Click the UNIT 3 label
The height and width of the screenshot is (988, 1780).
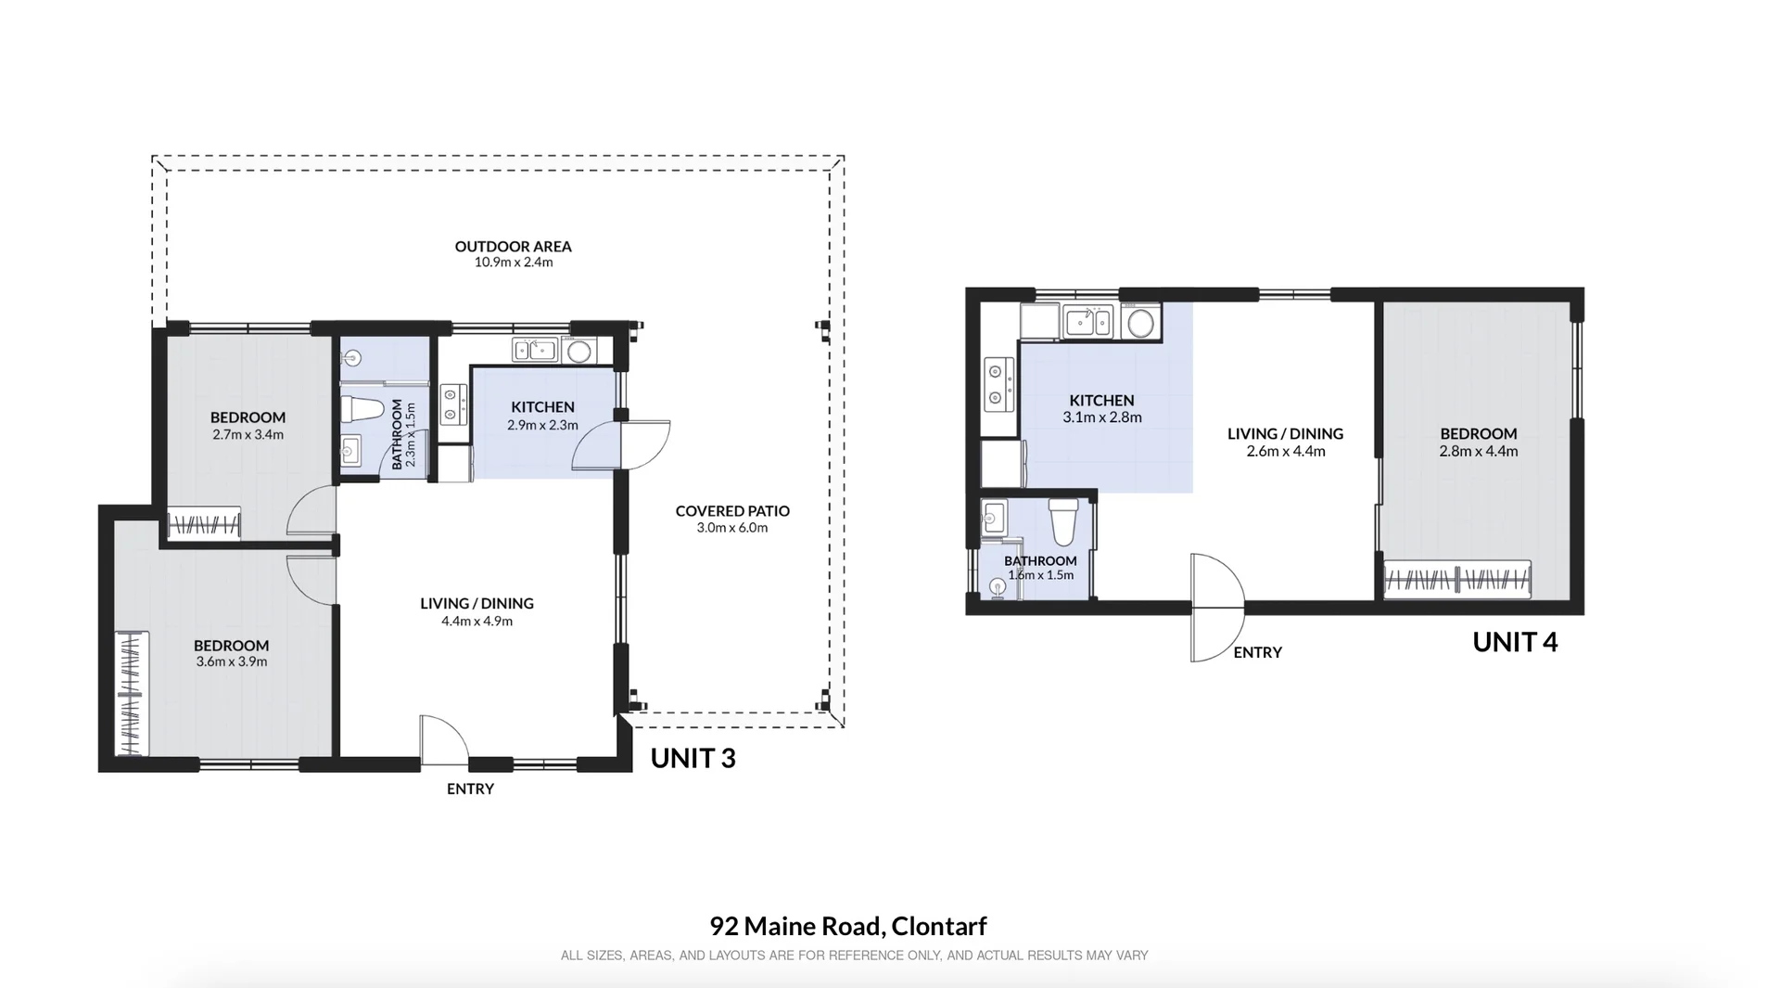(x=693, y=758)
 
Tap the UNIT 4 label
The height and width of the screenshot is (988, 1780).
(x=1515, y=642)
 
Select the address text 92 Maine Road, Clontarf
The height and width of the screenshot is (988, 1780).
(x=848, y=926)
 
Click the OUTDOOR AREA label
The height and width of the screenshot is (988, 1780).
(x=513, y=246)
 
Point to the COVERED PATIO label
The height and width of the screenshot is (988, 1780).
(x=732, y=510)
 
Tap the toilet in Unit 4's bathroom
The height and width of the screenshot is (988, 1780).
(x=1062, y=522)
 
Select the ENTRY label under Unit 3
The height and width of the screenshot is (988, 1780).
(x=470, y=789)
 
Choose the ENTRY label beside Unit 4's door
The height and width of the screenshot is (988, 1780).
(x=1257, y=652)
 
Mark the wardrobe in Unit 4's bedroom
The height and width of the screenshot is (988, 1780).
(x=1456, y=580)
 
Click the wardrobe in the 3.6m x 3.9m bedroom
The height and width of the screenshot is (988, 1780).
(x=132, y=693)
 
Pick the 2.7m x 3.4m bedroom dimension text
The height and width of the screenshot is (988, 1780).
(x=248, y=434)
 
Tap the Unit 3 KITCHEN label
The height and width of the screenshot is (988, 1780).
(x=542, y=406)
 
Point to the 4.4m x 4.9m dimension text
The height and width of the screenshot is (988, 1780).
(x=477, y=621)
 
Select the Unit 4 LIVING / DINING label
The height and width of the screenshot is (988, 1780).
(x=1285, y=433)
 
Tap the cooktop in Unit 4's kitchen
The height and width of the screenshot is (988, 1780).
(x=998, y=384)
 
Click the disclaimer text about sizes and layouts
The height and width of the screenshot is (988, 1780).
(x=854, y=956)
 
